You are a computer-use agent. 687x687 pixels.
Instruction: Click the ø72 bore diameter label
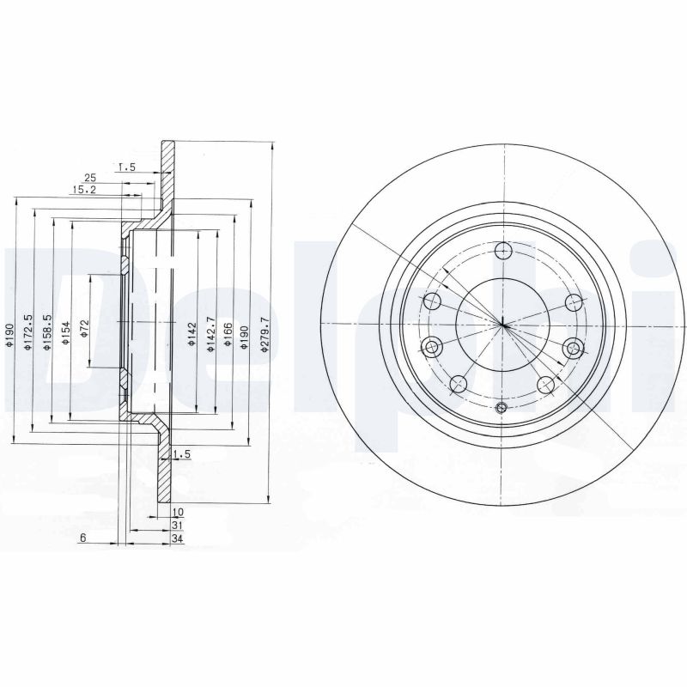[x=84, y=329]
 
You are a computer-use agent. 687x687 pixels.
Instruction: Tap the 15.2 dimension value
[x=84, y=189]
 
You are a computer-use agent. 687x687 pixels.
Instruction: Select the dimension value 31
[x=177, y=525]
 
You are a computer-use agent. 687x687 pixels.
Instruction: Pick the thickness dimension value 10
[x=177, y=512]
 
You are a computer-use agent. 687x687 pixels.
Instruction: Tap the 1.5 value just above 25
[x=128, y=167]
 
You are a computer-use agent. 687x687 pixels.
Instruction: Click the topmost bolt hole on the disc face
[x=504, y=251]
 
